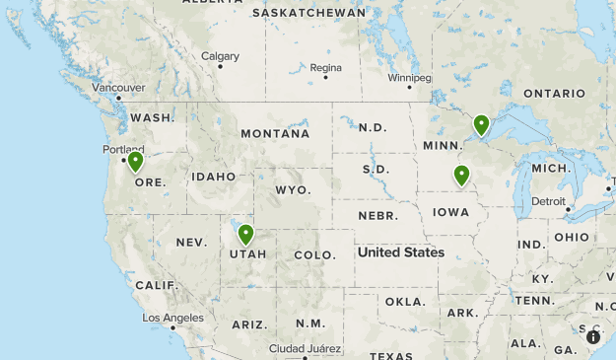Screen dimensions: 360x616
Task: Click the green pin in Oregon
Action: click(x=135, y=161)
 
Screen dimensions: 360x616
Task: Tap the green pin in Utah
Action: click(x=245, y=235)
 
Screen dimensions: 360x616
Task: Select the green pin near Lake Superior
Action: click(x=481, y=124)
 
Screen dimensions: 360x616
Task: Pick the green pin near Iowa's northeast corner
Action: click(x=461, y=175)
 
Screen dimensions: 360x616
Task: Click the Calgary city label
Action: click(x=220, y=56)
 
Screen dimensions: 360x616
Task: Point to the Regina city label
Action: click(x=325, y=68)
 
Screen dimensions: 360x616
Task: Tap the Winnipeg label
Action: click(x=409, y=77)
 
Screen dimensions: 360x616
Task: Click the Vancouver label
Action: click(x=118, y=87)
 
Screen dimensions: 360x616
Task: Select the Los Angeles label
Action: click(x=172, y=318)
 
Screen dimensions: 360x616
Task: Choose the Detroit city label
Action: click(x=548, y=201)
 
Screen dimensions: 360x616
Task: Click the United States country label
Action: click(x=401, y=252)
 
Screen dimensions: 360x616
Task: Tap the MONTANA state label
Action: click(x=275, y=133)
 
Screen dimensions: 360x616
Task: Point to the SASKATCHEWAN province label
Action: click(x=308, y=13)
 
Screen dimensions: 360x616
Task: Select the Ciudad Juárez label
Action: click(x=307, y=348)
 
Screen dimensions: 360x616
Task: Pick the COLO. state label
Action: click(x=314, y=254)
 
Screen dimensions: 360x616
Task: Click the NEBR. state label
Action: click(x=377, y=215)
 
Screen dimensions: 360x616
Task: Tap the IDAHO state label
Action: click(x=214, y=177)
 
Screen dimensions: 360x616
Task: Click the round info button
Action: click(x=593, y=337)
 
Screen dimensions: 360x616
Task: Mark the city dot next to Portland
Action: click(x=123, y=160)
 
